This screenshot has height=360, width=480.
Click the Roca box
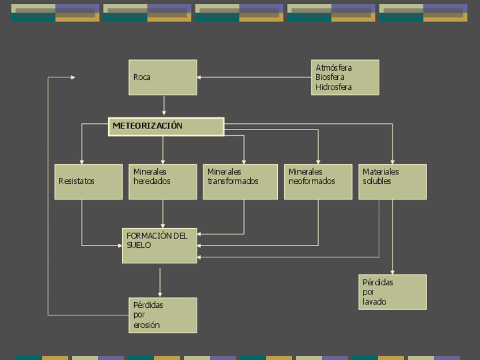click(162, 78)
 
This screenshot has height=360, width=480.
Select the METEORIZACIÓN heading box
click(166, 126)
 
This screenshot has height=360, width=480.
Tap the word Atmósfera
click(333, 68)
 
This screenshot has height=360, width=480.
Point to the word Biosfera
click(330, 78)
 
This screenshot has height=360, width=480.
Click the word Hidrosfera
click(333, 87)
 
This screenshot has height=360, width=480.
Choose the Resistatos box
click(88, 182)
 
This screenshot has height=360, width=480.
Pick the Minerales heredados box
click(162, 182)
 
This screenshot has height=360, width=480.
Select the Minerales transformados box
click(240, 182)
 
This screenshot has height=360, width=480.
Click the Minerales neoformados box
click(318, 182)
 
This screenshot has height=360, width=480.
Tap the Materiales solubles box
click(392, 182)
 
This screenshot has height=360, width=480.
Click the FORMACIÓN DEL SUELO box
click(160, 246)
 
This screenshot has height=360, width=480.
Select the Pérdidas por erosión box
click(162, 315)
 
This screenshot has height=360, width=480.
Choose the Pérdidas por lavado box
click(392, 292)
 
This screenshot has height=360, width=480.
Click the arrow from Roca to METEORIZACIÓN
click(164, 105)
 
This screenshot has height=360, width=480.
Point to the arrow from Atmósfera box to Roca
click(254, 78)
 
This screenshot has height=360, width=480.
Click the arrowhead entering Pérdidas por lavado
click(392, 272)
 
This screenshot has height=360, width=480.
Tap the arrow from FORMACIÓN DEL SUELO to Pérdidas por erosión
click(160, 281)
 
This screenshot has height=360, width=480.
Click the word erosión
click(147, 325)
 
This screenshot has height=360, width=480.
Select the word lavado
click(374, 302)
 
